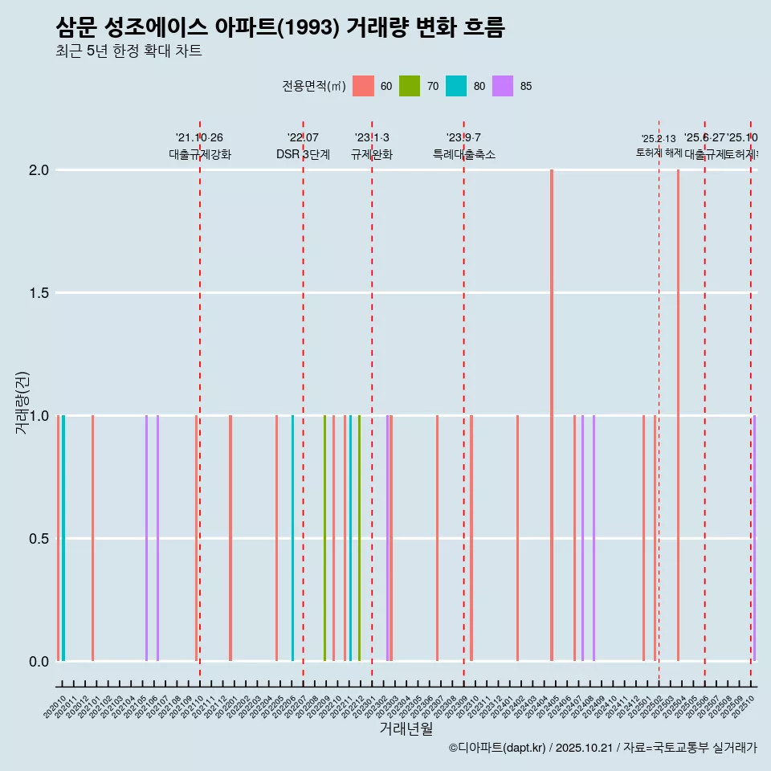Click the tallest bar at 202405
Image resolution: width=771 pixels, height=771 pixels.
pyautogui.click(x=552, y=415)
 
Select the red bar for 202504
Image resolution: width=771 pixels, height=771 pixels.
pyautogui.click(x=678, y=415)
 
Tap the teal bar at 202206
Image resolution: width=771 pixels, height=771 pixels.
pyautogui.click(x=292, y=538)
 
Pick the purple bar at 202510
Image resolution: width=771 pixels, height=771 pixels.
pyautogui.click(x=754, y=538)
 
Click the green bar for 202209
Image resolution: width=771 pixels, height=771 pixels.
pyautogui.click(x=324, y=538)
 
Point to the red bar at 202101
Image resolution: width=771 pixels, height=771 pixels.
pyautogui.click(x=93, y=538)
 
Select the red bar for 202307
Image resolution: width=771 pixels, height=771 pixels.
pyautogui.click(x=437, y=538)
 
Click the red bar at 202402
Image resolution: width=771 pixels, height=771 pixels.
pyautogui.click(x=517, y=538)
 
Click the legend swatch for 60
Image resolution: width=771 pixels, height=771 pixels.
pyautogui.click(x=364, y=86)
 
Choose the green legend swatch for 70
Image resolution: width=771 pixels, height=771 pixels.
pyautogui.click(x=410, y=86)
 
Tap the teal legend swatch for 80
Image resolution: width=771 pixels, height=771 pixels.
pyautogui.click(x=456, y=86)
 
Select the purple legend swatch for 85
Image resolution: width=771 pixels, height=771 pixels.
pyautogui.click(x=503, y=86)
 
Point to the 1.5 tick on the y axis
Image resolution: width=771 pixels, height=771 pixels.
pyautogui.click(x=39, y=293)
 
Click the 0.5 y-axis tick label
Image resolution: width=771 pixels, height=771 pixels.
pyautogui.click(x=39, y=539)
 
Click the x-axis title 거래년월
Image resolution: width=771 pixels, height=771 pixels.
pyautogui.click(x=406, y=729)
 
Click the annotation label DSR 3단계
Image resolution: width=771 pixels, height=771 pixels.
pyautogui.click(x=303, y=154)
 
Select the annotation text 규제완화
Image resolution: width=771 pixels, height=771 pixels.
pyautogui.click(x=372, y=154)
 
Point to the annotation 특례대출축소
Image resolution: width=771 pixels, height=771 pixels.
pyautogui.click(x=464, y=154)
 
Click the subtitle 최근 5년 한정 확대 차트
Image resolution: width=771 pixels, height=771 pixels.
pyautogui.click(x=128, y=51)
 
